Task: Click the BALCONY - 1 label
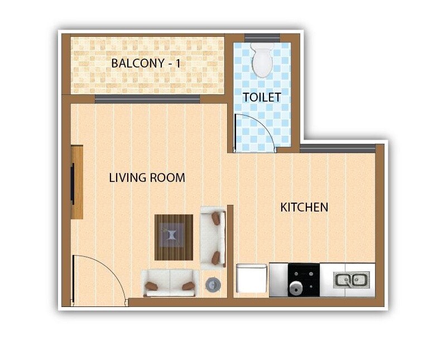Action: tap(146, 63)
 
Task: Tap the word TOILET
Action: tap(262, 97)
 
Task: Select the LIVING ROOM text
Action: tap(147, 178)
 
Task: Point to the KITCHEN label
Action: tap(304, 208)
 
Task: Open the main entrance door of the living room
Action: tap(100, 279)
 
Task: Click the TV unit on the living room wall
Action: tap(76, 183)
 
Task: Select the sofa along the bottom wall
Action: tap(170, 283)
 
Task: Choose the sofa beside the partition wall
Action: tap(213, 237)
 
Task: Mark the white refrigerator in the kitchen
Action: tap(251, 279)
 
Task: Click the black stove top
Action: tap(304, 280)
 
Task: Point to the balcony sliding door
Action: tap(147, 99)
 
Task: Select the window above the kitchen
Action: tap(338, 148)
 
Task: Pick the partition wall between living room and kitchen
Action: tap(230, 251)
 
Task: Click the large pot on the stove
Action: tap(295, 288)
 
